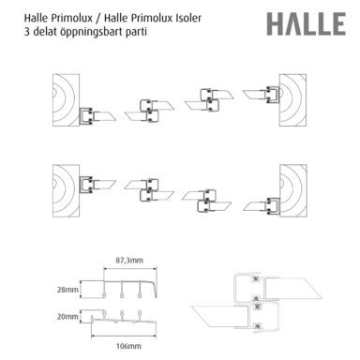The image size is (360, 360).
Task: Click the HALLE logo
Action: [x=306, y=24]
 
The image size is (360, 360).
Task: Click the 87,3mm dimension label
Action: [x=129, y=261]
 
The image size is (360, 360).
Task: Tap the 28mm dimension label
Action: [x=67, y=290]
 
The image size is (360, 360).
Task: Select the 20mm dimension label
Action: [x=67, y=317]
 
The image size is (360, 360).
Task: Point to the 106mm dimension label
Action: [x=128, y=346]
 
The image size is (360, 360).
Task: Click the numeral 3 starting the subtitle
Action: [x=27, y=32]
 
